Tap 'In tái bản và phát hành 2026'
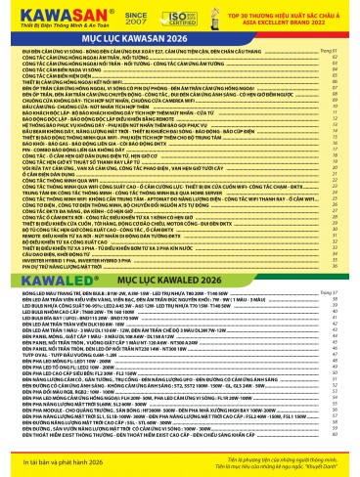pos(58,461)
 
